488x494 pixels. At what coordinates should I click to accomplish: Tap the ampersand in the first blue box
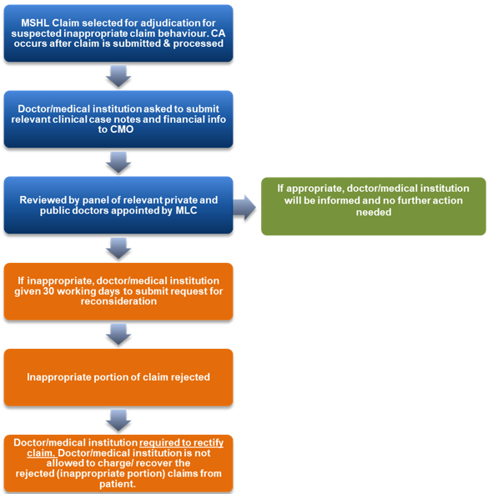(x=167, y=43)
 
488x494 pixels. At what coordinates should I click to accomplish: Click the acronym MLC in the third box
(x=186, y=210)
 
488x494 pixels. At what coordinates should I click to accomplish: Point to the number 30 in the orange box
(x=49, y=291)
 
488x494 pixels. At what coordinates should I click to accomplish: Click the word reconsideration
(x=118, y=301)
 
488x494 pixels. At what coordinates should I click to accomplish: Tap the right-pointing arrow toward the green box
(x=244, y=208)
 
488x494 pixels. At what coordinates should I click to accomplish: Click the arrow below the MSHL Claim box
(x=118, y=76)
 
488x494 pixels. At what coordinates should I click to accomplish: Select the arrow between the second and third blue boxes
(x=118, y=162)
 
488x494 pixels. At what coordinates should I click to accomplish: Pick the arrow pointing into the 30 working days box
(x=118, y=249)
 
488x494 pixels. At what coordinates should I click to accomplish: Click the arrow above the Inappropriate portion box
(x=118, y=335)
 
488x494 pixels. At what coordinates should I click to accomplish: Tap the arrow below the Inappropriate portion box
(x=118, y=421)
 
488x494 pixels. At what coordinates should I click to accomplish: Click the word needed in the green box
(x=374, y=212)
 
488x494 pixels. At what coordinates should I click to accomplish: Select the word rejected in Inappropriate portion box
(x=190, y=377)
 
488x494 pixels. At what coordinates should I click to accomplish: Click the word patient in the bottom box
(x=117, y=484)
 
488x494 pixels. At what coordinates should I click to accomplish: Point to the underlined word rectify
(x=209, y=443)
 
